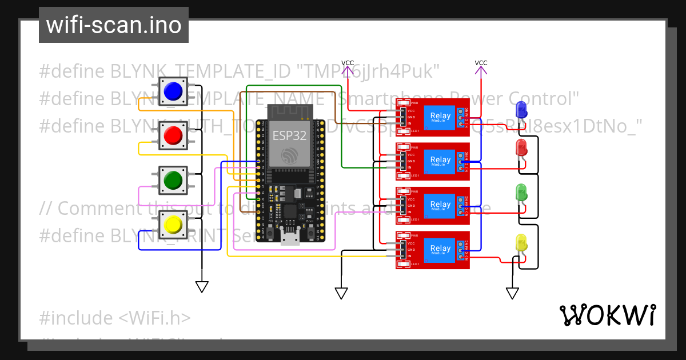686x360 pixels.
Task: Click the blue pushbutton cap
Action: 173,91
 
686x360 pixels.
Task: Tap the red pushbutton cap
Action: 173,135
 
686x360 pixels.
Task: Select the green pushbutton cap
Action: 173,180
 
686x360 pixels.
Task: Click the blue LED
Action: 521,109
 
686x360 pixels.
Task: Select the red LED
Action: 521,147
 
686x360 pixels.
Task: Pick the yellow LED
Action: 521,242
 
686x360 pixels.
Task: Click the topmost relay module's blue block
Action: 440,117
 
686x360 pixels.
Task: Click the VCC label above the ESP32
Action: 347,63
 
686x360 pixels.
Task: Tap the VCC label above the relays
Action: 481,63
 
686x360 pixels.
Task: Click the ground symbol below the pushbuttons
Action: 202,286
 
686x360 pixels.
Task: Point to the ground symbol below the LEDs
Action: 512,293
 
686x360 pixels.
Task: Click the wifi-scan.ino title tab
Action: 114,25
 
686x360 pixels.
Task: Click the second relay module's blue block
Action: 440,161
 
